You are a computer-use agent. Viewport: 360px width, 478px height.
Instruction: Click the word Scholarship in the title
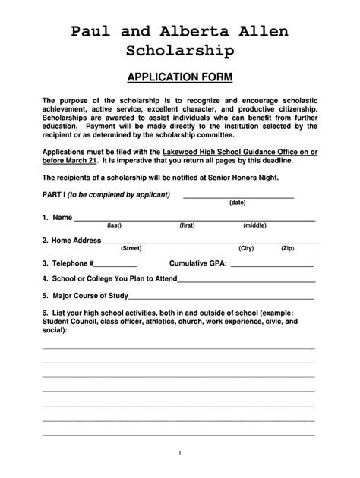click(180, 51)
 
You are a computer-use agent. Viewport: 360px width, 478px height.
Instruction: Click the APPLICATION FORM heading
click(180, 77)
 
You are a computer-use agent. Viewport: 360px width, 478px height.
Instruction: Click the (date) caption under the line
click(237, 203)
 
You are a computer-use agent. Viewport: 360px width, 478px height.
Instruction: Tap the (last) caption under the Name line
click(114, 225)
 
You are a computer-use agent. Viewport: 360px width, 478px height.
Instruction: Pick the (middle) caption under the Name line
click(254, 225)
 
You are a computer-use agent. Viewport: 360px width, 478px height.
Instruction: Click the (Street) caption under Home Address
click(131, 248)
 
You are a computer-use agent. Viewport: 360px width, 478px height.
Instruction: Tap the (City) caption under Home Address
click(245, 248)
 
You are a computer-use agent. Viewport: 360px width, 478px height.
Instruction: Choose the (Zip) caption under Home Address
click(287, 248)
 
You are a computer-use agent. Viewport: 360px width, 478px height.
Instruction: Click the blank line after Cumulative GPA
click(271, 265)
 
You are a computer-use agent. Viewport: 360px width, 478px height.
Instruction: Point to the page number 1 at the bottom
click(180, 453)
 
